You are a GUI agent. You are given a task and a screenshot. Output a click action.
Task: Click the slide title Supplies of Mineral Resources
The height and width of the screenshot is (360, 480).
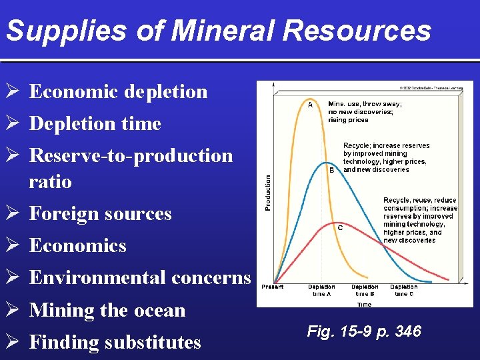click(x=218, y=31)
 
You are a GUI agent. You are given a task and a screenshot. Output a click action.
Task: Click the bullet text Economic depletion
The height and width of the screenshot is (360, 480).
click(x=118, y=91)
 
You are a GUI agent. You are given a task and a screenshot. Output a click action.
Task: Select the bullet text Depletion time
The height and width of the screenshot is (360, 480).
click(x=95, y=123)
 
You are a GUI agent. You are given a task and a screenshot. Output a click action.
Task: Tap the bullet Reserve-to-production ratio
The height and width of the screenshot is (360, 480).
click(x=131, y=168)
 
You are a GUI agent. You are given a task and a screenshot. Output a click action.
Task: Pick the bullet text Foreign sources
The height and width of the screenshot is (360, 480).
click(x=100, y=213)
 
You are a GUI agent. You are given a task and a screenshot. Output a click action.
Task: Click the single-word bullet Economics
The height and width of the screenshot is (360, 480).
click(x=77, y=245)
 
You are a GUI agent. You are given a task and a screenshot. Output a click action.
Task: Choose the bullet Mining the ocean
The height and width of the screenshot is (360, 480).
click(x=107, y=310)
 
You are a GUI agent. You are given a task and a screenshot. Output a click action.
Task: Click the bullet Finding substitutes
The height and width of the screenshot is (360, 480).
click(x=115, y=342)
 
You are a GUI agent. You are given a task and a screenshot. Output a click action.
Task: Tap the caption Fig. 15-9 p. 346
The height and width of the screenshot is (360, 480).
click(x=364, y=331)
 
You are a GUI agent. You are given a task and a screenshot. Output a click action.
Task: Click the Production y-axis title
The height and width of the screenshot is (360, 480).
click(x=268, y=193)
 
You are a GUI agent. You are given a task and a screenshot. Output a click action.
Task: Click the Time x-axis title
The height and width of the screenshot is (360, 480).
click(x=364, y=304)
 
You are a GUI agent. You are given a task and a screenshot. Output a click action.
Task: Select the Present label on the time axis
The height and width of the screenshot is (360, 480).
click(x=272, y=287)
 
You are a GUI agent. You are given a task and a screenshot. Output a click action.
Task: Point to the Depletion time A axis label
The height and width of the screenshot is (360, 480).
click(x=321, y=290)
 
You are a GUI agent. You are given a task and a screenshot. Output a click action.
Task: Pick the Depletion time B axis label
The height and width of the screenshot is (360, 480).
click(x=365, y=290)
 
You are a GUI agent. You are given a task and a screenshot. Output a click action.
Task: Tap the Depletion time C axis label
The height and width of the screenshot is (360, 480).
click(x=404, y=290)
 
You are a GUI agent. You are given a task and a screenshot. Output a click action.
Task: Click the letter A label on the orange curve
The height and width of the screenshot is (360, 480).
click(x=310, y=105)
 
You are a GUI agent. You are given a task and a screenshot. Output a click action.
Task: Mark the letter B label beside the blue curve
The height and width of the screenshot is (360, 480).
click(x=331, y=170)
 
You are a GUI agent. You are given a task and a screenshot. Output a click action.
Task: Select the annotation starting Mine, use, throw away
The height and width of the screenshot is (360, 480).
click(x=365, y=111)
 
